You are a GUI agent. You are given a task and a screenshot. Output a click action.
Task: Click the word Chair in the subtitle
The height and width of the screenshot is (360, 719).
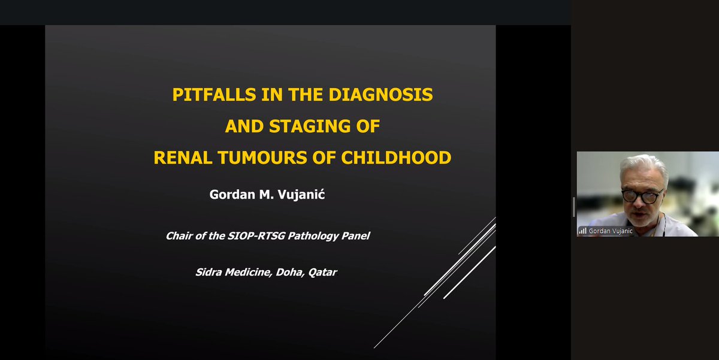click(179, 235)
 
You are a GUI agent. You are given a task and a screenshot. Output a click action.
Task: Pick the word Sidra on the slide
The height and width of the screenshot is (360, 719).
click(209, 272)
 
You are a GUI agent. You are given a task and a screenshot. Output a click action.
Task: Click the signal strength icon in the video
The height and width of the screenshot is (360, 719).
click(582, 231)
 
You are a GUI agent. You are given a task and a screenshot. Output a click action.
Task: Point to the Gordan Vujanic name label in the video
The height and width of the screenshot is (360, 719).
click(611, 231)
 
